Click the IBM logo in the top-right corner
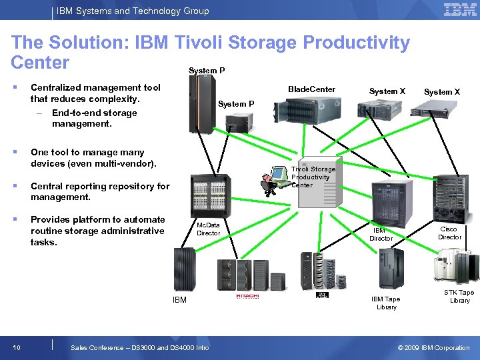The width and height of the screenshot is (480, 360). (460, 10)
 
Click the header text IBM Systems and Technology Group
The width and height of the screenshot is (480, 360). (133, 11)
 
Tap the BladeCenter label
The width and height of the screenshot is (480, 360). (311, 89)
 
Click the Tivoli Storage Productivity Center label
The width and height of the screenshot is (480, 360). (313, 177)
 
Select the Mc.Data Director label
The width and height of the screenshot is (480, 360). (208, 229)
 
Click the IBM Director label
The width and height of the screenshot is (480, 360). (381, 234)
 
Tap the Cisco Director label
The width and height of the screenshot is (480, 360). (449, 233)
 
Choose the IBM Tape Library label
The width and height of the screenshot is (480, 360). (386, 303)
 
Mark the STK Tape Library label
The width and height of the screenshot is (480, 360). (459, 296)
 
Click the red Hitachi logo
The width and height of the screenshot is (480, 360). (247, 296)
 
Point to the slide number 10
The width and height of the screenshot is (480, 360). (16, 347)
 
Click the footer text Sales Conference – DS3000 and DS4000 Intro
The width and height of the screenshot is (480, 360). (139, 347)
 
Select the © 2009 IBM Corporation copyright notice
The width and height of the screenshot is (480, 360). (433, 347)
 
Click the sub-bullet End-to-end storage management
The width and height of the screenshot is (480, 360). (93, 118)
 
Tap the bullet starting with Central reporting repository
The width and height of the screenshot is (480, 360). (100, 191)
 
